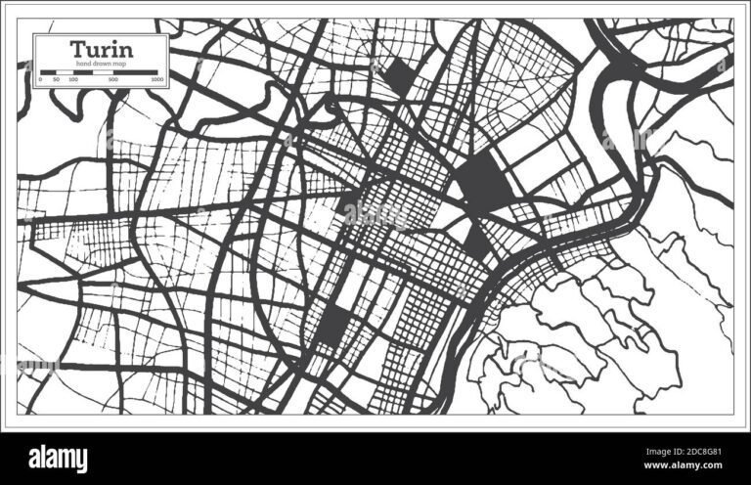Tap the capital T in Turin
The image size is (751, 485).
(75, 48)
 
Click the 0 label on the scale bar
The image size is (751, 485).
(40, 78)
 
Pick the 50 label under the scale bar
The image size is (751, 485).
(56, 78)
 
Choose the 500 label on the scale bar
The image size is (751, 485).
(114, 78)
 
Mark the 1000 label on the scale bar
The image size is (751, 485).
(157, 78)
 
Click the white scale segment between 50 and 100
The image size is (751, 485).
(65, 71)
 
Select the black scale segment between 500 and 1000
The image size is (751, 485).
(136, 71)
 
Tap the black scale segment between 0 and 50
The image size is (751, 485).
(48, 71)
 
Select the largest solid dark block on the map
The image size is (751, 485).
(481, 181)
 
